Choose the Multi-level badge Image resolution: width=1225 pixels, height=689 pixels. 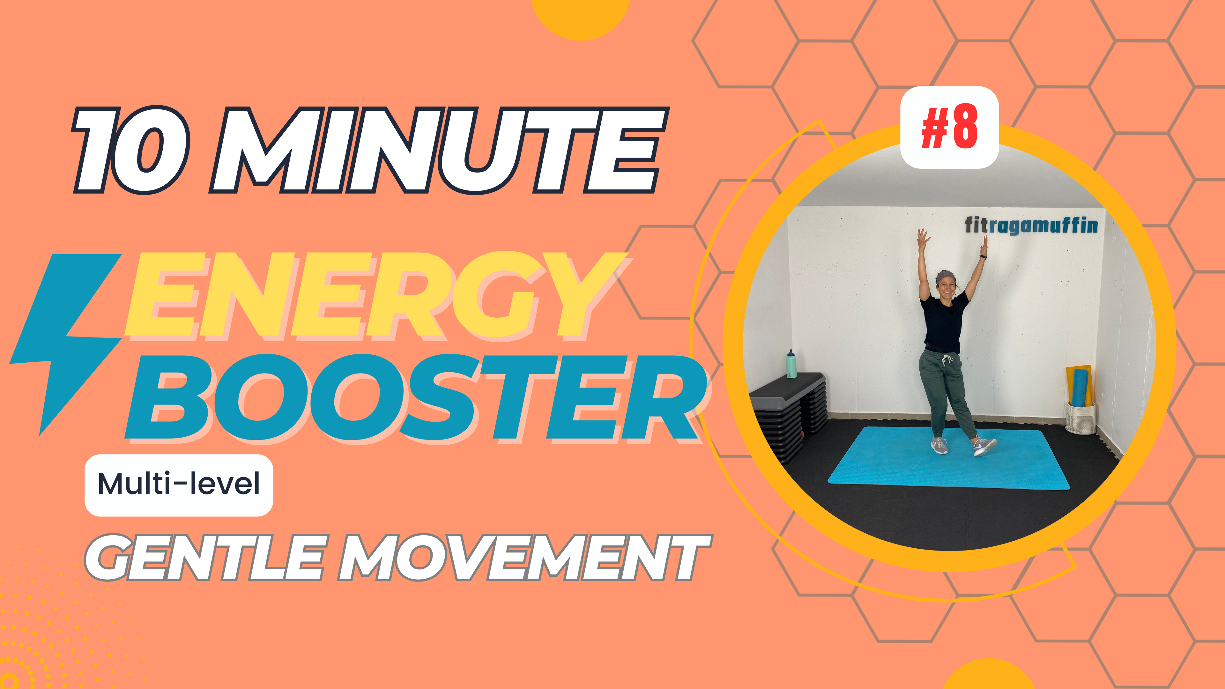coord(179,485)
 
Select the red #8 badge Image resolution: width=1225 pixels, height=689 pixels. coord(949,128)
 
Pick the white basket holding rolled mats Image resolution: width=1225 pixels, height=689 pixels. coord(1080,419)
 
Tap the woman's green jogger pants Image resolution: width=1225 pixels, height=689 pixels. coord(946,390)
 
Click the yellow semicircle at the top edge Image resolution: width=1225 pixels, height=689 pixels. coord(580,17)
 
